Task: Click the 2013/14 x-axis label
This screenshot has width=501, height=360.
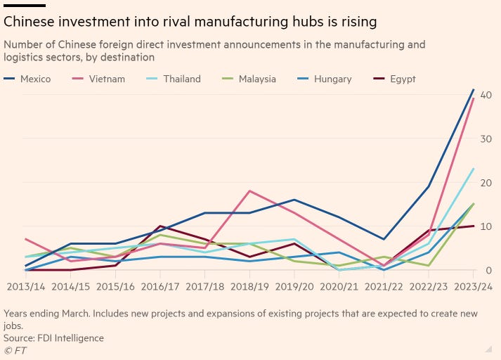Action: pyautogui.click(x=25, y=287)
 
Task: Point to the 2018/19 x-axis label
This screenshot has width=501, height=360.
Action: pyautogui.click(x=251, y=287)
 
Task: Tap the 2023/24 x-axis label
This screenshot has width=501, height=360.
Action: pyautogui.click(x=474, y=287)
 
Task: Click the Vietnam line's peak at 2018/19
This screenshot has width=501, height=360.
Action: pyautogui.click(x=249, y=191)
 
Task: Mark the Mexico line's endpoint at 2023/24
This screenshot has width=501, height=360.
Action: pyautogui.click(x=474, y=90)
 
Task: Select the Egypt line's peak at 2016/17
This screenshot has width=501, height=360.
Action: pyautogui.click(x=160, y=226)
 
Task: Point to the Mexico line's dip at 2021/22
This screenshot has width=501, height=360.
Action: pyautogui.click(x=384, y=239)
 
